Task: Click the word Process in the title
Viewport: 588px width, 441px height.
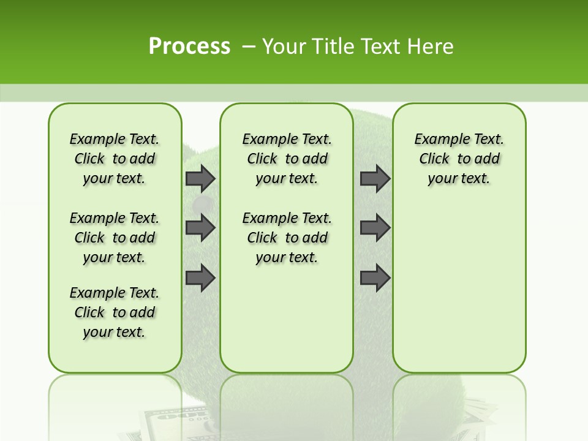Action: [x=189, y=46]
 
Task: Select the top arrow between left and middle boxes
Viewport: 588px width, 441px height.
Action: [x=200, y=179]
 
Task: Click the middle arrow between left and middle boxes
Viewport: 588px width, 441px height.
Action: [x=200, y=228]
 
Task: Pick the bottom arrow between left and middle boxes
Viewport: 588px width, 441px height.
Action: [x=200, y=278]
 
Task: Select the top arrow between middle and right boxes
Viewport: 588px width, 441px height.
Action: [x=375, y=179]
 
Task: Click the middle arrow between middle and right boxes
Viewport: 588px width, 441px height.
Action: [x=375, y=228]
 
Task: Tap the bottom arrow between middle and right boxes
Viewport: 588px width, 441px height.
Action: [x=375, y=278]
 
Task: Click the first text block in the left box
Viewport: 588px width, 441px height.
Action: [x=115, y=159]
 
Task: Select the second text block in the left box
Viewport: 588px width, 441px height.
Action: [x=115, y=238]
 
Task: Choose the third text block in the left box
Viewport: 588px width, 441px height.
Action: [x=115, y=312]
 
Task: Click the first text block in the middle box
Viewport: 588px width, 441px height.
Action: [x=287, y=159]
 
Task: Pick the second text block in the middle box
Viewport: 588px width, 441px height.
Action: [x=287, y=238]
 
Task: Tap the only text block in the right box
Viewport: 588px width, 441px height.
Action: [x=459, y=159]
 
